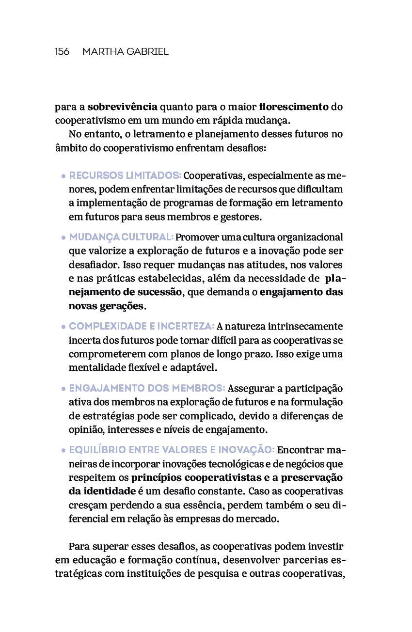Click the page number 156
pos(62,51)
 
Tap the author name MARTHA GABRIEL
pos(126,51)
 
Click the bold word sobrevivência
pos(123,107)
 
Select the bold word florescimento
pos(294,107)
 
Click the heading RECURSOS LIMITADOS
pos(125,175)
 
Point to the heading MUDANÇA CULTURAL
pos(121,237)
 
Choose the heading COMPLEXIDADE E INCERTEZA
pos(142,326)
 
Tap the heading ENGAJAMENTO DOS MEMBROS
pos(147,388)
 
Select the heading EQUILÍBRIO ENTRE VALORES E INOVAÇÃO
pos(172,450)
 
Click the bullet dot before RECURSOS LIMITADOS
pos(63,176)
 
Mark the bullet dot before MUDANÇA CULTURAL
pos(63,238)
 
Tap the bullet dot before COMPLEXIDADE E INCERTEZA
pos(63,328)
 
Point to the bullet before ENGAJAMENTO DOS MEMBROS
pos(63,390)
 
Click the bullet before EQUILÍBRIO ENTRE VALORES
pos(63,451)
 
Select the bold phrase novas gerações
pos(106,306)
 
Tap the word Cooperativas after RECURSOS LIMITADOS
pos(211,175)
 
